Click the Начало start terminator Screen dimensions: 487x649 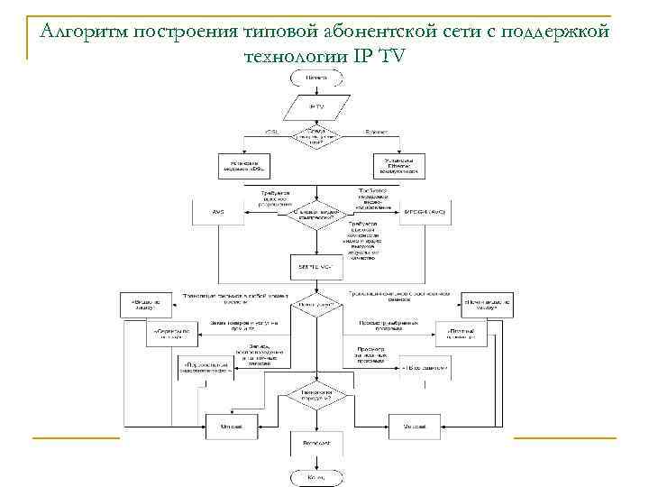coord(316,78)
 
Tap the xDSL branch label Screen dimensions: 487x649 coord(271,133)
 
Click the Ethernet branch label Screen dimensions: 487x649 coord(376,133)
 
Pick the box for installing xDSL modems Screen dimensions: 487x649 coord(246,165)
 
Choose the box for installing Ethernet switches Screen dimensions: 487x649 coord(399,165)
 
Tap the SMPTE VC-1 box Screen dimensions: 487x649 coord(316,268)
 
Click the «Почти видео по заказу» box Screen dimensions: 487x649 coord(487,304)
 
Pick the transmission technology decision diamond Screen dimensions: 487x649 coord(316,396)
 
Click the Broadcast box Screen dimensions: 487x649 coord(316,445)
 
